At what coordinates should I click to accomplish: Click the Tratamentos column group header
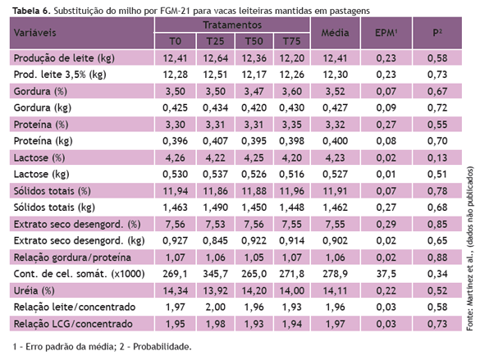click(232, 25)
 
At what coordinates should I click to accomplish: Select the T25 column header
click(215, 41)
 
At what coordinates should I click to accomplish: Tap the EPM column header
click(386, 33)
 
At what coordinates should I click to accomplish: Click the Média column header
click(336, 33)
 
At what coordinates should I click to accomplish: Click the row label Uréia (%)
click(34, 290)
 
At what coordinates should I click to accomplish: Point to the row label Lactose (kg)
click(41, 175)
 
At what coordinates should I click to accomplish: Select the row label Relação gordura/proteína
click(72, 257)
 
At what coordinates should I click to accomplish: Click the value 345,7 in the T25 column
click(215, 274)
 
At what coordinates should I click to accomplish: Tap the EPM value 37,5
click(386, 274)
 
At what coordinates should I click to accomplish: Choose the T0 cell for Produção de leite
click(175, 58)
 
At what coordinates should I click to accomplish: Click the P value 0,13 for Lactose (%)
click(437, 157)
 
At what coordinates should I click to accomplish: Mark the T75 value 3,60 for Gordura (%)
click(292, 92)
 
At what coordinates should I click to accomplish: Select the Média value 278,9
click(336, 274)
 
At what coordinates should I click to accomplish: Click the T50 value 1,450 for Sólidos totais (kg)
click(254, 207)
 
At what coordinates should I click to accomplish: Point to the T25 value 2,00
click(215, 307)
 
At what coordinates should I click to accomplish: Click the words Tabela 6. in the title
click(31, 11)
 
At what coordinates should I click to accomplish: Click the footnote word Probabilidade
click(162, 347)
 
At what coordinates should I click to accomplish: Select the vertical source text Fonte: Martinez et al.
click(470, 289)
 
